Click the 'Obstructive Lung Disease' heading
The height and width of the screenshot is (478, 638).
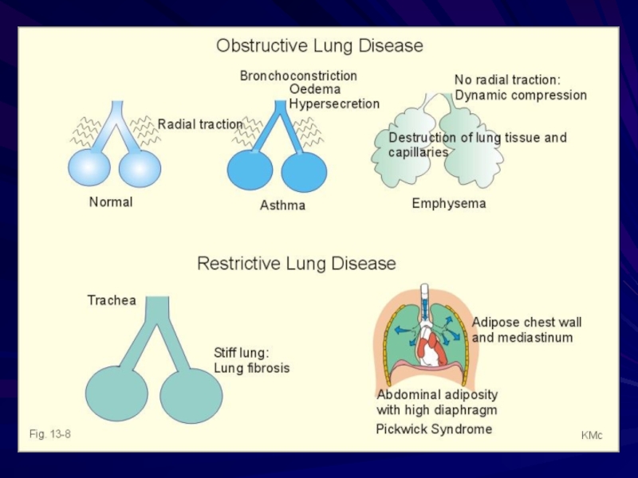320,45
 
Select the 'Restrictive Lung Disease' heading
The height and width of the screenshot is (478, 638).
297,263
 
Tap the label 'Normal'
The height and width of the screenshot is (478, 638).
111,202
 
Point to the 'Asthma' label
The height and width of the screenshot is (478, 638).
282,205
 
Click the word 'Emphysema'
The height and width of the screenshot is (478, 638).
449,203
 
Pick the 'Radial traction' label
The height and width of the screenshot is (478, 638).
200,124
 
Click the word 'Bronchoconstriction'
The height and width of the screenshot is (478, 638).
298,76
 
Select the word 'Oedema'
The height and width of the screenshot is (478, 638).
315,89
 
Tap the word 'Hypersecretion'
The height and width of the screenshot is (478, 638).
334,104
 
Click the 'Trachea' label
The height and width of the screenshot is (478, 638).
112,300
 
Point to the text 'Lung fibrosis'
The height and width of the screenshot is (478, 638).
252,368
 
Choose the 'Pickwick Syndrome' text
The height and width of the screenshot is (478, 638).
434,429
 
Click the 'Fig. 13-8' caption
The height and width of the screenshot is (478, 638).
50,434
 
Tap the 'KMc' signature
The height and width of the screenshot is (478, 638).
592,435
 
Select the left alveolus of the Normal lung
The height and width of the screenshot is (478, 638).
89,167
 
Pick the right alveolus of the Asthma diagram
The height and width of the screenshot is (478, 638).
304,171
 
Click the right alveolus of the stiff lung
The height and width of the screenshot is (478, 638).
191,395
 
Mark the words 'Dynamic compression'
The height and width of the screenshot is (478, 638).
521,96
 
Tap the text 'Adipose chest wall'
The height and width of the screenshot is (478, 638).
526,323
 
